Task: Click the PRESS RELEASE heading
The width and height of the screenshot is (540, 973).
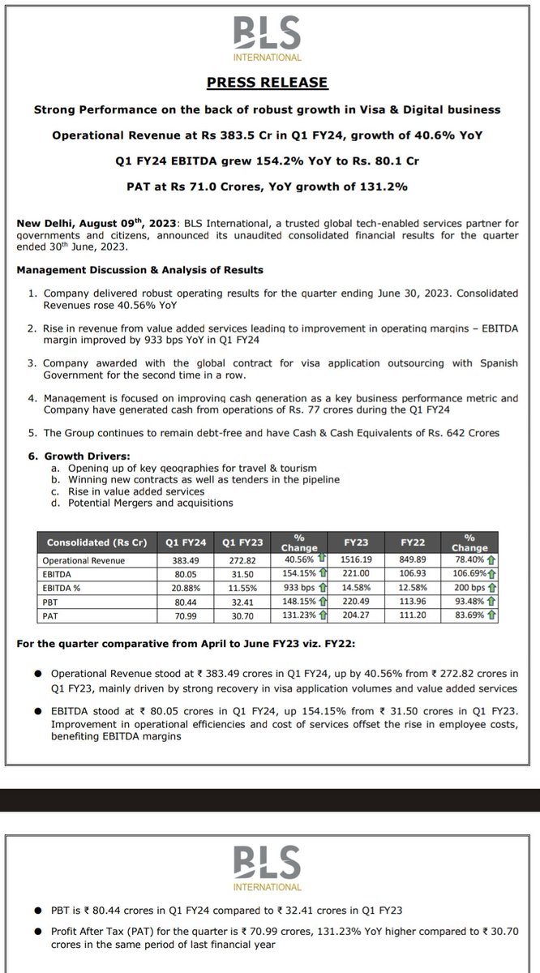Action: point(269,83)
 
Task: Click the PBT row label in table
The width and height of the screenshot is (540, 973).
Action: point(55,602)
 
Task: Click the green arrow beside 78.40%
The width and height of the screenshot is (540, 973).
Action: point(491,559)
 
